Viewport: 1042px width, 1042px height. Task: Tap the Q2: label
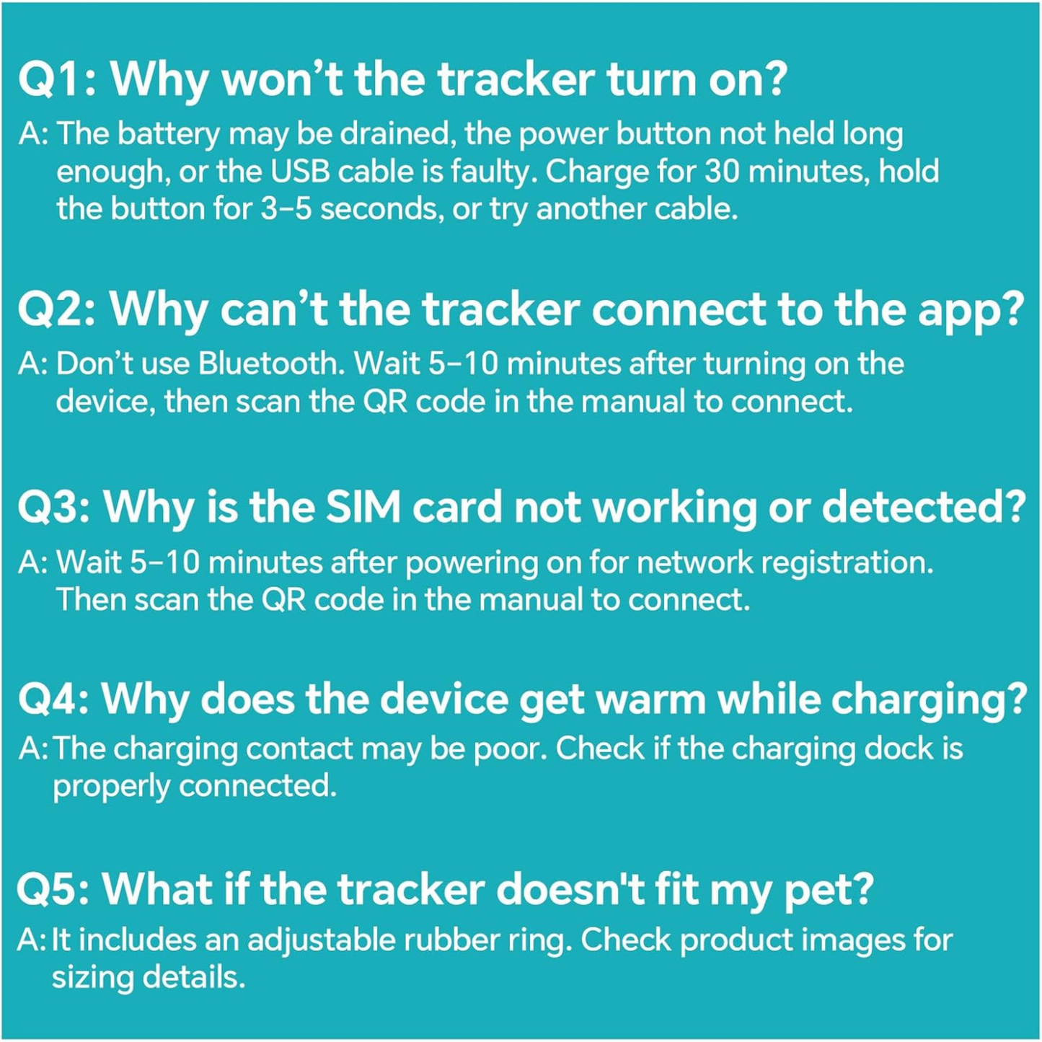56,309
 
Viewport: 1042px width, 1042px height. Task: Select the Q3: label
53,508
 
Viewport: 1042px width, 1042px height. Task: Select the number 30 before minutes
722,172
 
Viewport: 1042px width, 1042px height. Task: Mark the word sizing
92,979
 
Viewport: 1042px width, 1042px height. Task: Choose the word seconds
380,209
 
